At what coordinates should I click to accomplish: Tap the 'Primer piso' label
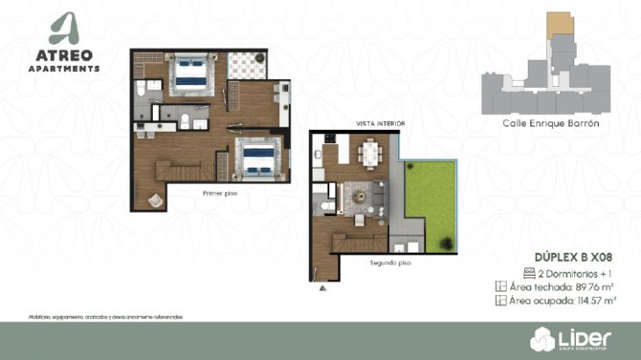pyautogui.click(x=220, y=192)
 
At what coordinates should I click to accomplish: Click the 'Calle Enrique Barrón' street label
pyautogui.click(x=551, y=124)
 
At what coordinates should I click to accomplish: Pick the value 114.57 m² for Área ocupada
pyautogui.click(x=594, y=300)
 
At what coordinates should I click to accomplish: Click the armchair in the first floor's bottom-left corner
pyautogui.click(x=155, y=200)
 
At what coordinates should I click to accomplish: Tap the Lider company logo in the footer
pyautogui.click(x=570, y=336)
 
